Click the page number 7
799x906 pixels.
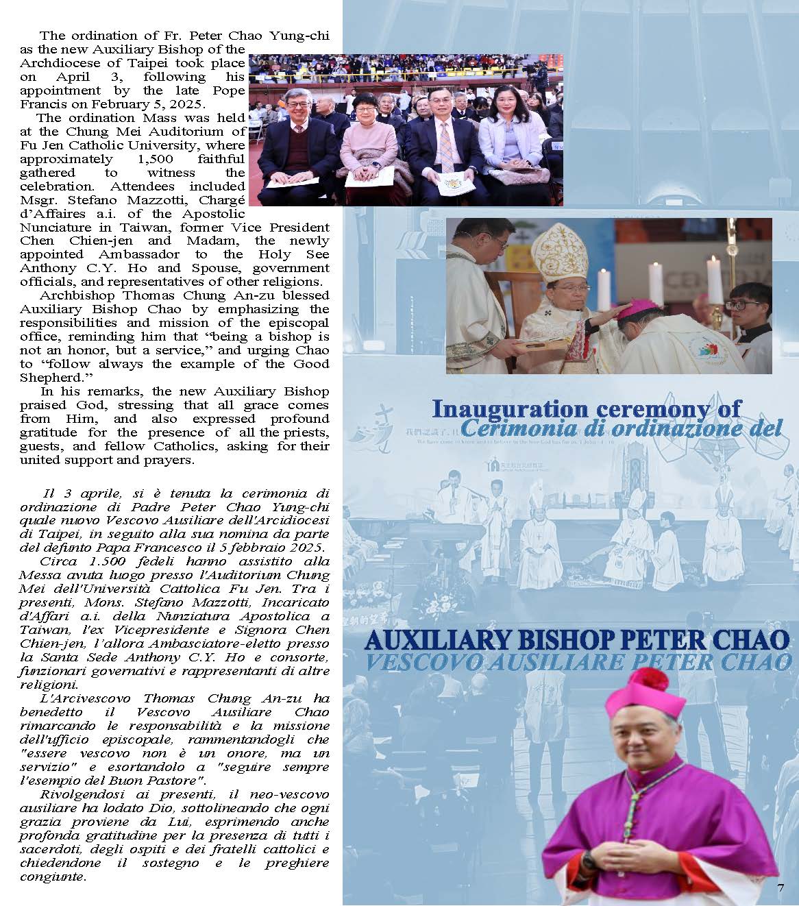click(780, 888)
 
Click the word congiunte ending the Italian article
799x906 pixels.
click(51, 877)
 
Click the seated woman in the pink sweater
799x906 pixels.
click(369, 144)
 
